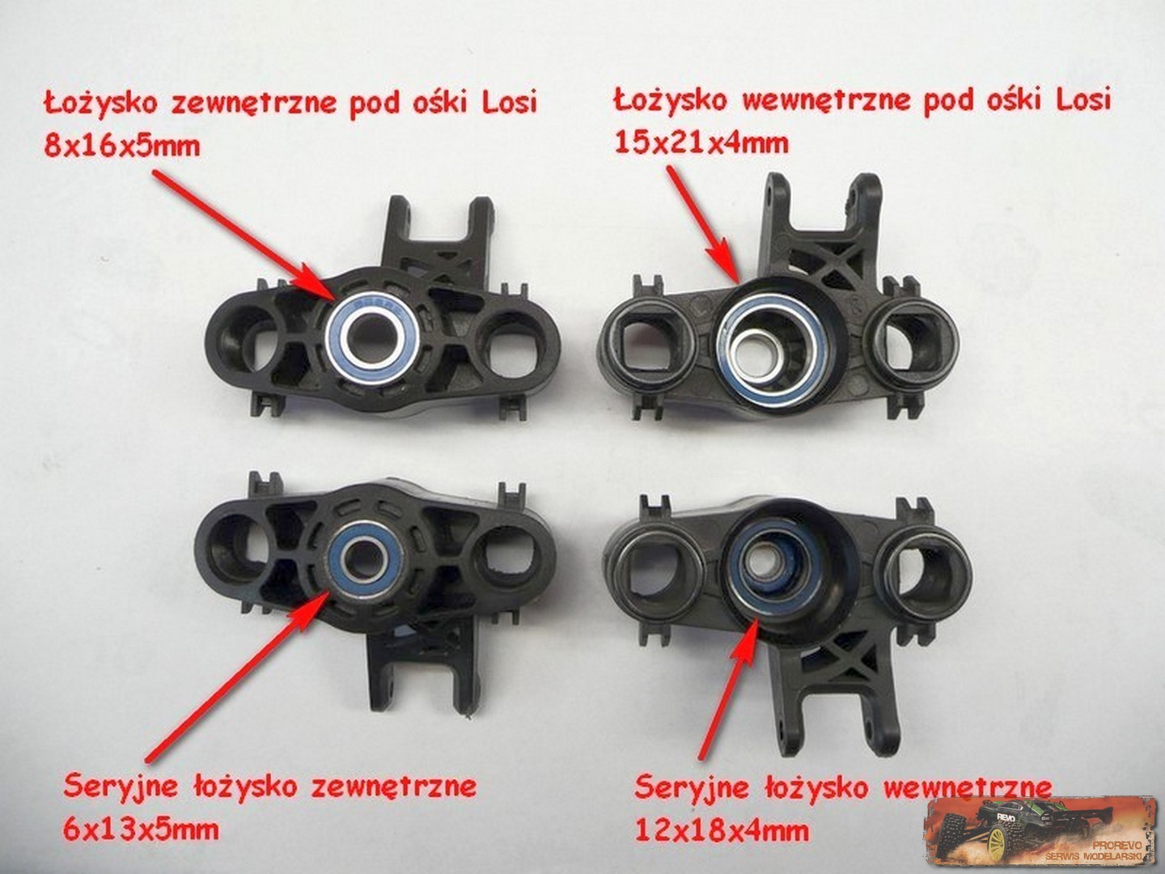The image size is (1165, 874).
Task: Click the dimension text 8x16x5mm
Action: click(122, 145)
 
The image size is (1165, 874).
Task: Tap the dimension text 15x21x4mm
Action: click(701, 142)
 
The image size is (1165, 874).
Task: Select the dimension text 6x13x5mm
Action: click(141, 829)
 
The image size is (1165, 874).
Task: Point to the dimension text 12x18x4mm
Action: click(722, 830)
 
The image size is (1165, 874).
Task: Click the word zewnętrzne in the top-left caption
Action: click(252, 103)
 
